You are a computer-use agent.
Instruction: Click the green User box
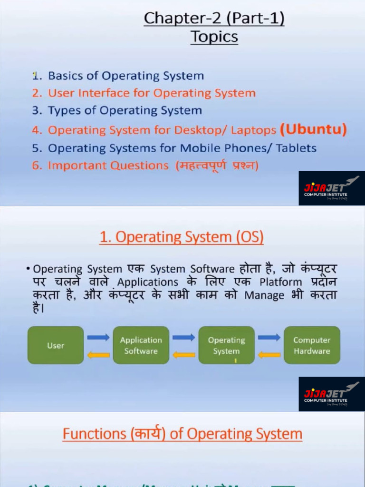tap(56, 345)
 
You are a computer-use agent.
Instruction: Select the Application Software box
tap(141, 345)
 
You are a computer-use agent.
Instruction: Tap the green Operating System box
tap(226, 345)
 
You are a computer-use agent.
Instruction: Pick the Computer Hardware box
tap(312, 345)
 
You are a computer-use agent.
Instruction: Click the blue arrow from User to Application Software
tap(98, 337)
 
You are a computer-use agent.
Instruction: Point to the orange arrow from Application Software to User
tap(98, 354)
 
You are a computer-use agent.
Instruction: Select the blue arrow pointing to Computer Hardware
tap(269, 337)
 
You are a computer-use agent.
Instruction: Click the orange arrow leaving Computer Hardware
tap(269, 354)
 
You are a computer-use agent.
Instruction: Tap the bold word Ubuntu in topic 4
tap(313, 129)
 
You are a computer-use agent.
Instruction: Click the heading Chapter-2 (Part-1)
tap(214, 19)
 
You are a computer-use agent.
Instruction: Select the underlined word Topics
tap(214, 37)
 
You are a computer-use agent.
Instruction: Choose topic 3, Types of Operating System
tap(125, 111)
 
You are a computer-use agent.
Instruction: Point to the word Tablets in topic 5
tap(296, 148)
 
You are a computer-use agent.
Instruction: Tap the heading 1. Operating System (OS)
tap(182, 237)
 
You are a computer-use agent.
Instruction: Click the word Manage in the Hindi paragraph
tap(264, 295)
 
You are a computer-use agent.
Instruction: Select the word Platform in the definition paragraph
tap(280, 282)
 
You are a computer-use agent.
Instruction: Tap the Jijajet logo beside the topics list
tap(332, 188)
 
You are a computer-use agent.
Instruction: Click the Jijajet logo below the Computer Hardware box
tap(332, 394)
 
